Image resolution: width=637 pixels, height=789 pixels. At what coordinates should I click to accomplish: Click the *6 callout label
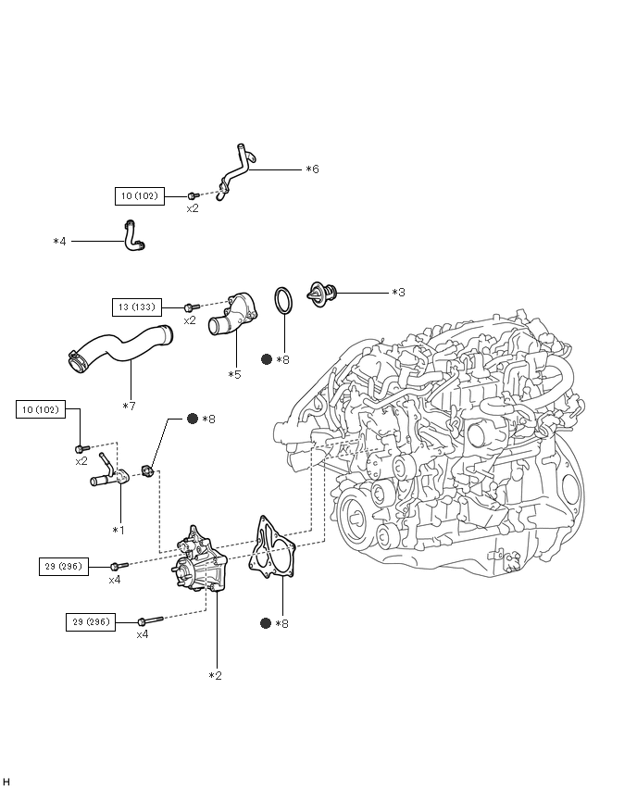point(312,169)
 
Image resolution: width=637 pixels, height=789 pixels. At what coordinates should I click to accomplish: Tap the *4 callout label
point(59,242)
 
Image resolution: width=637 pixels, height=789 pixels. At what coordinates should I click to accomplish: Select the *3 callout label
point(398,293)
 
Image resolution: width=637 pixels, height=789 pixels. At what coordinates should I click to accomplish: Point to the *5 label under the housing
point(234,375)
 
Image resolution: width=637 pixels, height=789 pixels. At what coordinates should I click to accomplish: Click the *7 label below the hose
point(130,406)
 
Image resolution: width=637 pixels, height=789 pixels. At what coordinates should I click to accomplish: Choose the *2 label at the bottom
point(216,676)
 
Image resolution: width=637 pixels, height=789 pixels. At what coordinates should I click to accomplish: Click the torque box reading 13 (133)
point(137,307)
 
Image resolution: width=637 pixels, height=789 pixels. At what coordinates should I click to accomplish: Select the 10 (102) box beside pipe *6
point(140,195)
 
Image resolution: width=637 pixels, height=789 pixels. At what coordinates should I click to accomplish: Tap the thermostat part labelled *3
point(322,294)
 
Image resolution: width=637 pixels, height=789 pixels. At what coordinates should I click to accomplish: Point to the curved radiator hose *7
point(120,349)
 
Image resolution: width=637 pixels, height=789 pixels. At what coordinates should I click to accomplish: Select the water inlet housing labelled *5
point(232,316)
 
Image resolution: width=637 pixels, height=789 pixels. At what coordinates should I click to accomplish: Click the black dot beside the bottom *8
point(266,623)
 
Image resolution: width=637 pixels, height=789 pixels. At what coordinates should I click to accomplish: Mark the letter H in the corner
point(6,782)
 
